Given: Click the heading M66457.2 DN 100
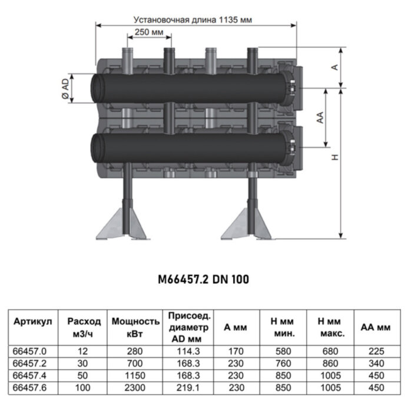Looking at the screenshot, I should [x=203, y=279].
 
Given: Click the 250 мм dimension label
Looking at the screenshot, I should [x=149, y=33].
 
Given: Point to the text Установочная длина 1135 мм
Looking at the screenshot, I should [x=193, y=19].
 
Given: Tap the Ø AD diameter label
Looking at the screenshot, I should [x=65, y=90].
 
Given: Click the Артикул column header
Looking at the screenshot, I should [x=33, y=321].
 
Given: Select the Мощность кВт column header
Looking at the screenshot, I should [x=135, y=327].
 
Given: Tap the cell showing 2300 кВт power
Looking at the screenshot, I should [x=135, y=387].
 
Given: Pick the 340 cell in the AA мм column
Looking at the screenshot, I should [x=376, y=363].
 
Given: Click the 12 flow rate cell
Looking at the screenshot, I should [x=84, y=351].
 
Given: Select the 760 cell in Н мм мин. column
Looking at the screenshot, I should [x=282, y=363].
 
